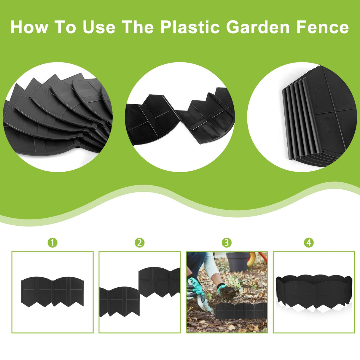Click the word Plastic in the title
click(190, 27)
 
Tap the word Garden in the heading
click(258, 27)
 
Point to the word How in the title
click(29, 27)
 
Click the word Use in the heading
click(99, 27)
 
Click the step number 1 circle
click(52, 243)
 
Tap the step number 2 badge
click(139, 243)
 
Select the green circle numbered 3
click(227, 243)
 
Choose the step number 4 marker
click(309, 243)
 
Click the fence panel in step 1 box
click(52, 292)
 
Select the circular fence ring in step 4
click(314, 292)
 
